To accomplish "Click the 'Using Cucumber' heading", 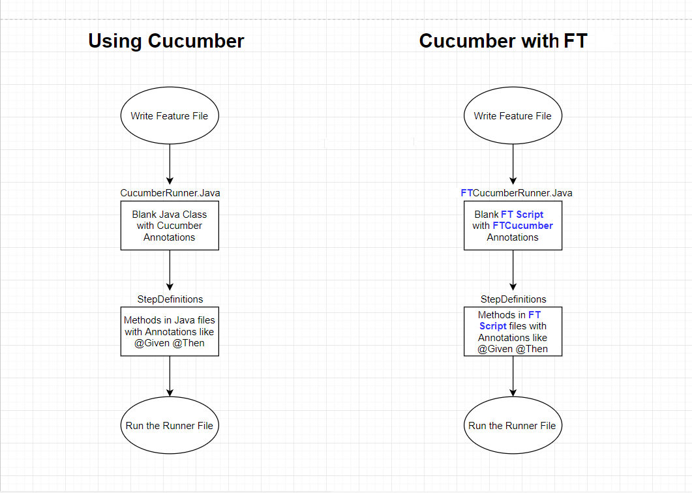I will pyautogui.click(x=166, y=41).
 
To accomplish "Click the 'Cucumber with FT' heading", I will pyautogui.click(x=503, y=41).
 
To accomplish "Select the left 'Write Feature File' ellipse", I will pyautogui.click(x=170, y=116).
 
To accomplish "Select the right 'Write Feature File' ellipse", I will pyautogui.click(x=513, y=116).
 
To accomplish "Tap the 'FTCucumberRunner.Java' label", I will pyautogui.click(x=517, y=193).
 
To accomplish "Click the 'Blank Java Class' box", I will pyautogui.click(x=170, y=226).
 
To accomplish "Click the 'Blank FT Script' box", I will pyautogui.click(x=513, y=226).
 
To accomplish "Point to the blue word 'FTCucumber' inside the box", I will pyautogui.click(x=522, y=226).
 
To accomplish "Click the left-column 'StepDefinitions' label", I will pyautogui.click(x=170, y=299).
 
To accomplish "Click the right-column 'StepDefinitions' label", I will pyautogui.click(x=513, y=299).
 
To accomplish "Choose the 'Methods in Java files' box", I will pyautogui.click(x=170, y=331).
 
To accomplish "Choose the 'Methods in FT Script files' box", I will pyautogui.click(x=513, y=331).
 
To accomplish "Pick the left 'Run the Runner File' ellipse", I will pyautogui.click(x=170, y=426).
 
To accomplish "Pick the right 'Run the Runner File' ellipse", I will pyautogui.click(x=513, y=426).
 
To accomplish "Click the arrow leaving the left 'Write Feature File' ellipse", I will pyautogui.click(x=170, y=163).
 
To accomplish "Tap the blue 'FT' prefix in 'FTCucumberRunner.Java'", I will pyautogui.click(x=466, y=193).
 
